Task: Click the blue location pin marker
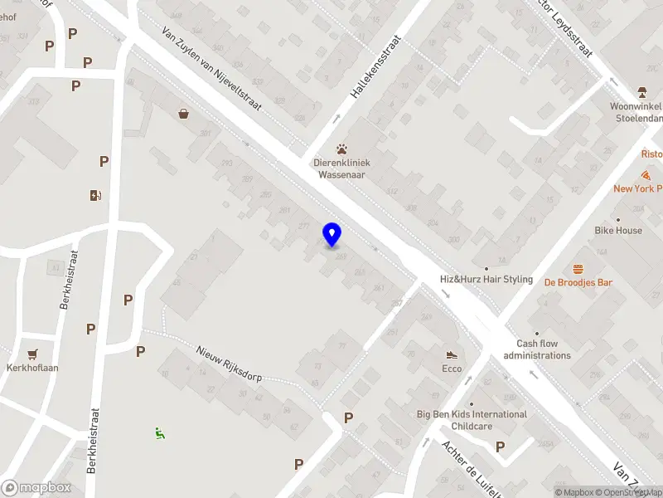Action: point(332,235)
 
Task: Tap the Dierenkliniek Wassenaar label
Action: point(341,168)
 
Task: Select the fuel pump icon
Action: point(96,196)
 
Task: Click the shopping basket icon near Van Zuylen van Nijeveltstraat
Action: point(183,114)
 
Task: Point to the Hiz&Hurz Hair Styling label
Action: point(486,280)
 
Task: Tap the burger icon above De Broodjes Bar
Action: point(578,269)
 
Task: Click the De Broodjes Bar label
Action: point(578,283)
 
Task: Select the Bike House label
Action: point(617,230)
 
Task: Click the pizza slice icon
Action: point(646,175)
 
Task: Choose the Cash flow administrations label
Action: point(537,349)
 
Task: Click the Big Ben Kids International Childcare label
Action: point(472,420)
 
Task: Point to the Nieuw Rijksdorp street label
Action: point(230,364)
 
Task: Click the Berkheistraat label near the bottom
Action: point(94,440)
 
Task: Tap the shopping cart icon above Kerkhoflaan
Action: point(32,354)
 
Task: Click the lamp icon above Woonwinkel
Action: point(641,92)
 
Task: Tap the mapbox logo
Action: point(36,488)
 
